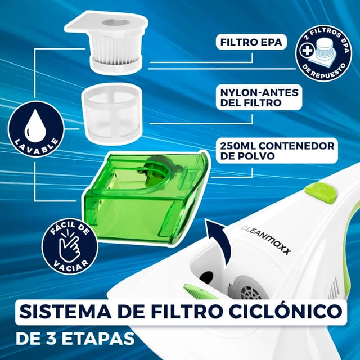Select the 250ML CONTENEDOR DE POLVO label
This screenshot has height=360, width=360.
coord(275,151)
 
